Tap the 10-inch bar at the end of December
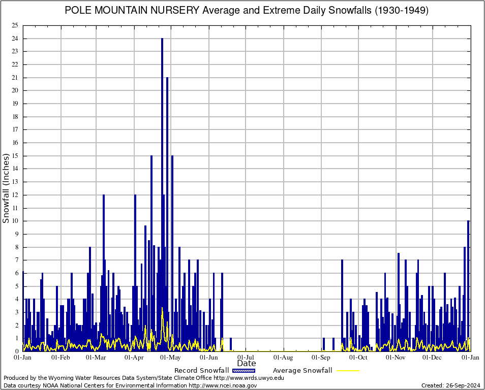coord(468,284)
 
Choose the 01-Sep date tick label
coord(321,357)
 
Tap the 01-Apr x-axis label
coord(134,357)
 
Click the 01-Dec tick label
coord(433,357)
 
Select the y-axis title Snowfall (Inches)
coord(6,188)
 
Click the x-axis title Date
coord(247,364)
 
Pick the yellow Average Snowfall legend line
coord(347,371)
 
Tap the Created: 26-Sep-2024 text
coord(450,386)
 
